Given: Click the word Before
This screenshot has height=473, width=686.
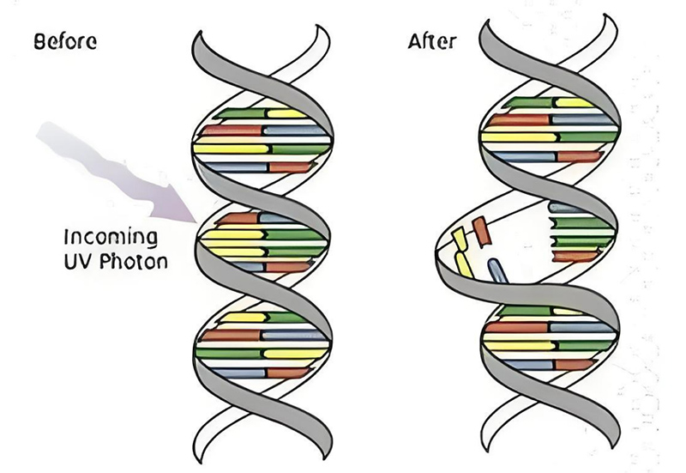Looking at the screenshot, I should (x=64, y=40).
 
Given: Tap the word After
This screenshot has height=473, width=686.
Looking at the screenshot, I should (x=434, y=40).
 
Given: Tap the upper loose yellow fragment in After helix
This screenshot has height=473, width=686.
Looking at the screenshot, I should (x=459, y=238).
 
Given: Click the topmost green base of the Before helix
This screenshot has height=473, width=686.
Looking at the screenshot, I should (x=240, y=112).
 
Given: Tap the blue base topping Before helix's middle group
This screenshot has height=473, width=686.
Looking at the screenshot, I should (x=282, y=218).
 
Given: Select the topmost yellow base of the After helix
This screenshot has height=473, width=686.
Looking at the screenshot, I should (x=575, y=103).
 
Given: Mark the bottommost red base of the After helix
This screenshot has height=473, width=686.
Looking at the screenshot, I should (x=575, y=364).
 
